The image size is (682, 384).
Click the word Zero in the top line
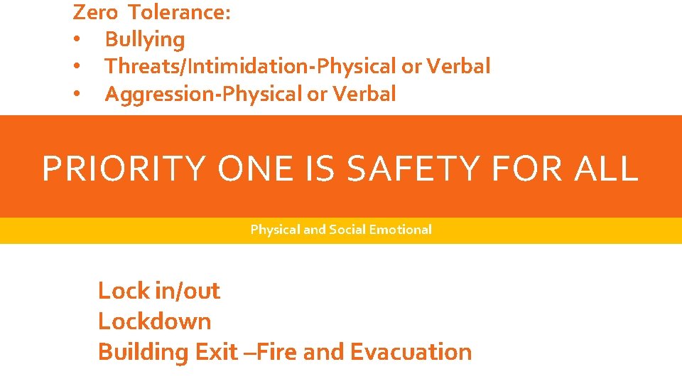(x=95, y=12)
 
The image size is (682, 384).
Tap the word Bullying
(x=144, y=40)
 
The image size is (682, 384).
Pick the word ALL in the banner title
(x=608, y=169)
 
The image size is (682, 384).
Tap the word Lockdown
(x=154, y=321)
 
